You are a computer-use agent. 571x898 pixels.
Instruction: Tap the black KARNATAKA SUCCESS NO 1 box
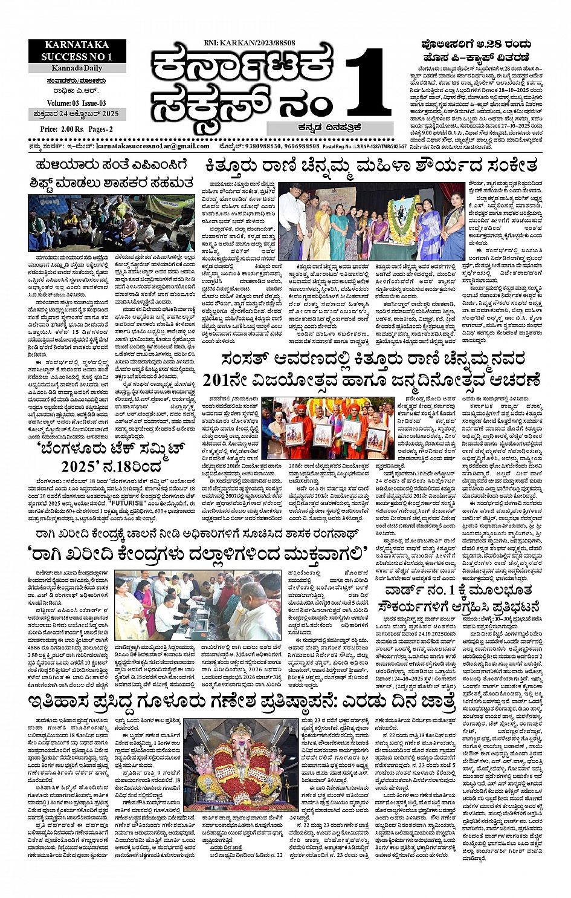[x=76, y=51]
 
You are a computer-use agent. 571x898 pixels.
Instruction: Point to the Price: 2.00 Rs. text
[x=61, y=129]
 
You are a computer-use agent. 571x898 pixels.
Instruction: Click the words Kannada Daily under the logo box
[x=76, y=68]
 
